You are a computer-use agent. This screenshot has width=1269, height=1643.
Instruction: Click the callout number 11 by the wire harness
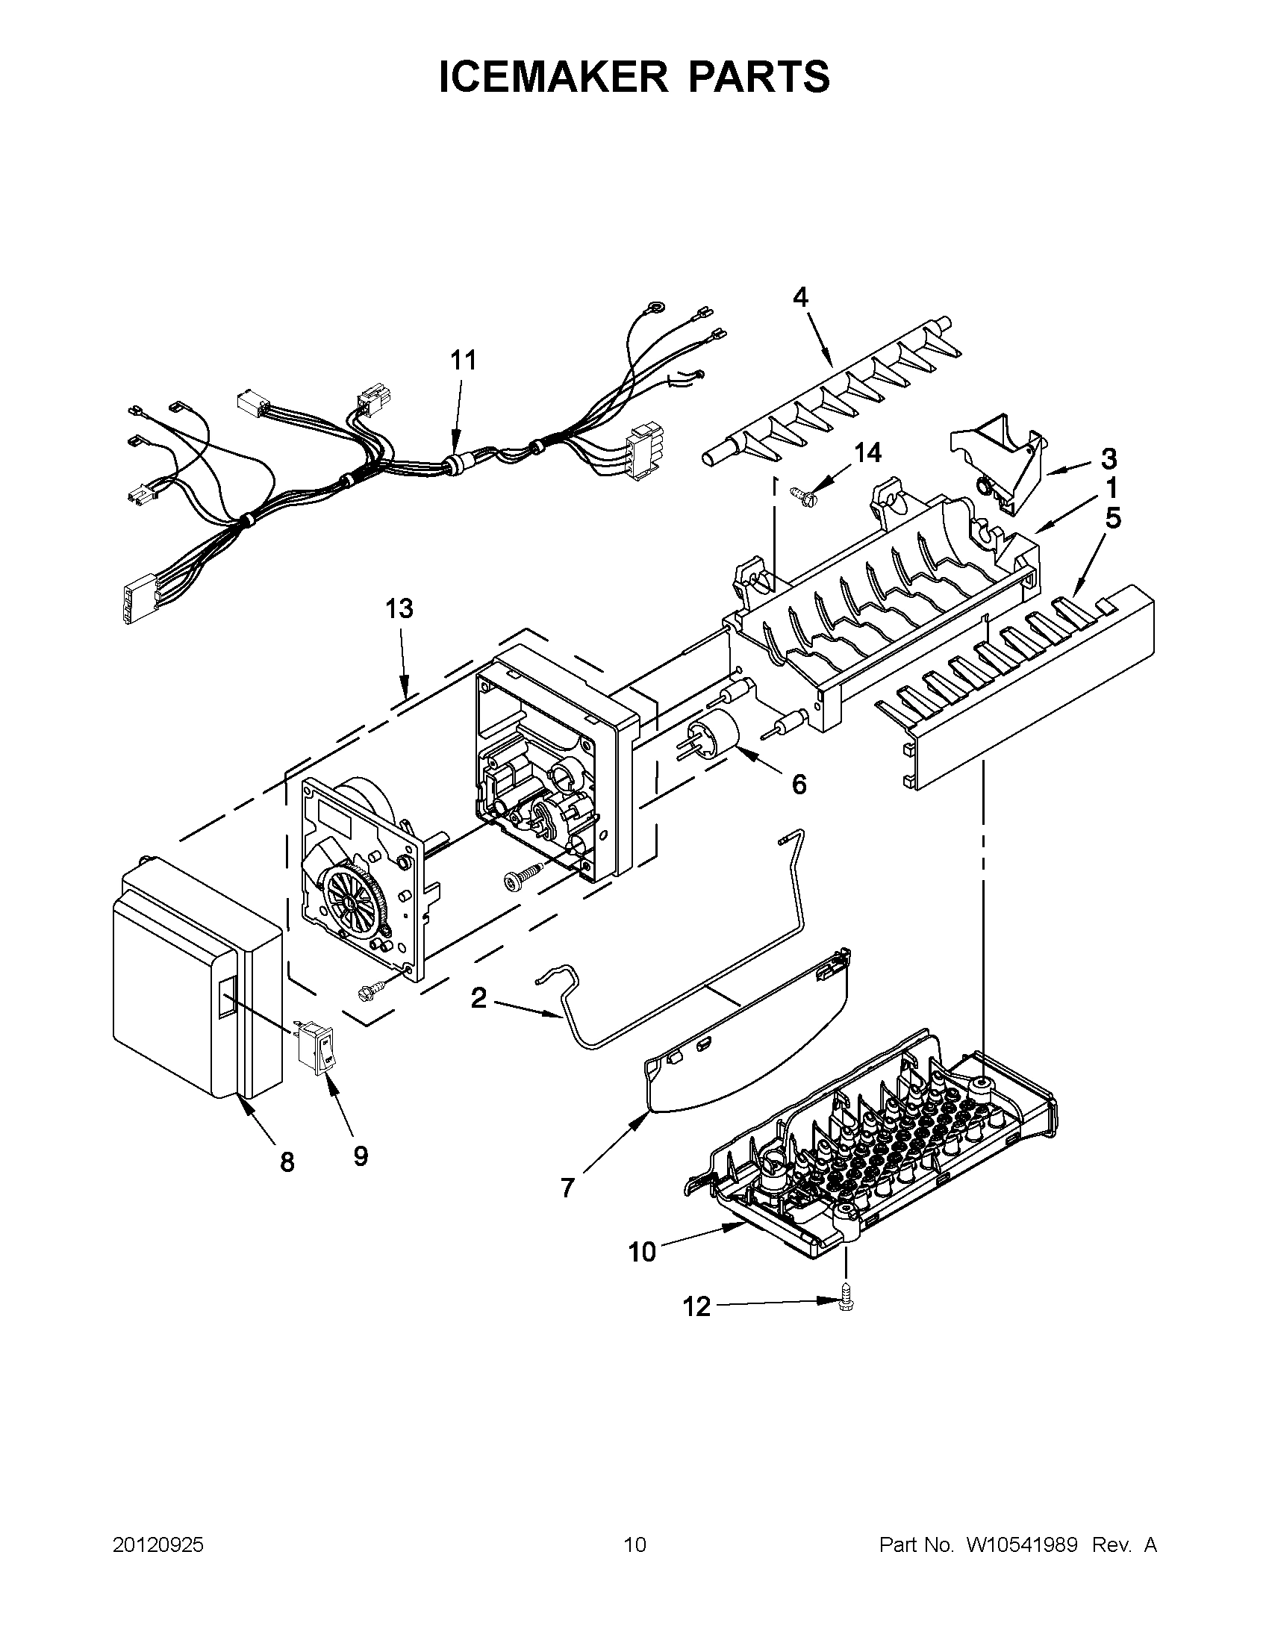pos(464,361)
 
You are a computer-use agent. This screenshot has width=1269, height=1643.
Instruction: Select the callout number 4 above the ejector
pos(800,298)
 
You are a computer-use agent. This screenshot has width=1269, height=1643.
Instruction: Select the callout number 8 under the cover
pos(287,1162)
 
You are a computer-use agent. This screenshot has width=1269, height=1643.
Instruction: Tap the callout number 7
pos(567,1188)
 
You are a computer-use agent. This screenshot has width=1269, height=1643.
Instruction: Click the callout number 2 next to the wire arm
pos(478,998)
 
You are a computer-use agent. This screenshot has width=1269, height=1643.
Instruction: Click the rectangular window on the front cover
pos(226,997)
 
